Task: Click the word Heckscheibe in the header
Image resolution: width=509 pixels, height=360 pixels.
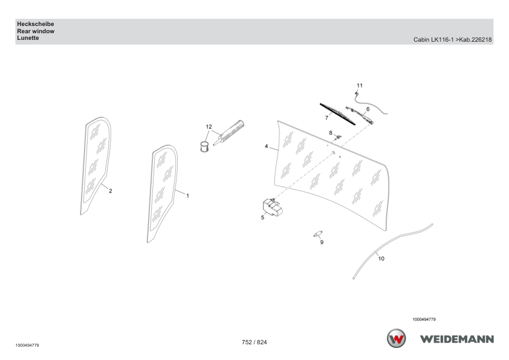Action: (36, 24)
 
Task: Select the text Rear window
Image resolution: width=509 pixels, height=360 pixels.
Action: (36, 31)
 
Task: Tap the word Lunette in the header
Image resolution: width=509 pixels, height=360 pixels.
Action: (28, 38)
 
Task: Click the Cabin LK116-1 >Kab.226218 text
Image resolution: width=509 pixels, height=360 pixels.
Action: (453, 40)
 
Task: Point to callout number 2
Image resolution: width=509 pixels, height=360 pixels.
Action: (111, 191)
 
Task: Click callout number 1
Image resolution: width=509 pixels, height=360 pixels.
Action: (187, 196)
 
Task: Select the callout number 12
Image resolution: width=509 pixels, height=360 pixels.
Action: (209, 127)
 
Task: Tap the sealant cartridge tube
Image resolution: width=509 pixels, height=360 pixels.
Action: (229, 133)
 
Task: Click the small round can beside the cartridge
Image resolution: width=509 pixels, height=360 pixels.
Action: (204, 147)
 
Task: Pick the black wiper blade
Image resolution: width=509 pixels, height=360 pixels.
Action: (337, 114)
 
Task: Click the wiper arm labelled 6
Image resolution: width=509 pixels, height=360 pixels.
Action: (360, 115)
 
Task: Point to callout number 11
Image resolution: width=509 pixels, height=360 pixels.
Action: (360, 86)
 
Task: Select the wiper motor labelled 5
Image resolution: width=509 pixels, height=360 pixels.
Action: (273, 208)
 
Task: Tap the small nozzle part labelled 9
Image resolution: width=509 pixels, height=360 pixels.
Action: (318, 234)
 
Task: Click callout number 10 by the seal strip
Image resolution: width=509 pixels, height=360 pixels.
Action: (381, 259)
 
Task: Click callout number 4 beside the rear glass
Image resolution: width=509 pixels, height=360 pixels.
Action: (266, 147)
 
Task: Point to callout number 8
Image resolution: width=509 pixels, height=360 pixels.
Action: (331, 133)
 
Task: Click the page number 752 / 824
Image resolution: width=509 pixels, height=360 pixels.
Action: (254, 342)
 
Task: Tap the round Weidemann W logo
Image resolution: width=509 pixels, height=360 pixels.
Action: (396, 338)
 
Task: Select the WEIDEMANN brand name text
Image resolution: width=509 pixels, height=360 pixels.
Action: (457, 339)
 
